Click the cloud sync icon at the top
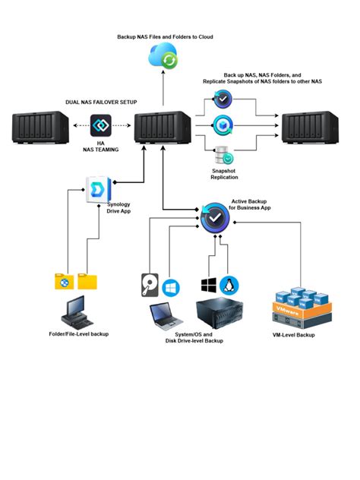(163, 55)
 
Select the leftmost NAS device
(41, 126)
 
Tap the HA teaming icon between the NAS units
(102, 126)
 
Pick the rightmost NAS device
(310, 126)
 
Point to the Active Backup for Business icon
(216, 218)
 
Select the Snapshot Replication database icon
(223, 156)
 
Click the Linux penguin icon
(228, 286)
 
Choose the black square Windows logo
(208, 286)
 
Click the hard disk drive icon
(150, 286)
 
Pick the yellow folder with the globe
(65, 281)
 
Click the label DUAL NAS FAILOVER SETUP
(102, 101)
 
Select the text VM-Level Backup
(293, 334)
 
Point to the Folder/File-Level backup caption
(78, 333)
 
